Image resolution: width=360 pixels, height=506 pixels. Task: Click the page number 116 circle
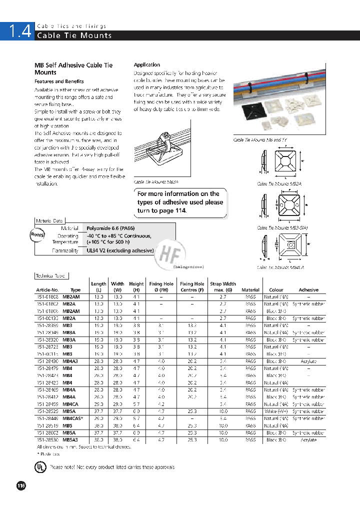pos(21,485)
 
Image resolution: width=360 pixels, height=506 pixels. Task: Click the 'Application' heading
pos(147,64)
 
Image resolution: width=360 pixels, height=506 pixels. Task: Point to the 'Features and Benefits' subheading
pos(59,81)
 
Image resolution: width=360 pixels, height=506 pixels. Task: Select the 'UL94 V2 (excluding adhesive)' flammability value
pos(120,251)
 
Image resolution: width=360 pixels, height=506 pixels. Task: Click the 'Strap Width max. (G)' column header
pos(223,286)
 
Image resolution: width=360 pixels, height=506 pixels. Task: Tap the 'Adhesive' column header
pos(308,290)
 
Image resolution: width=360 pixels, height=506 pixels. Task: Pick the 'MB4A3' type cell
pos(70,361)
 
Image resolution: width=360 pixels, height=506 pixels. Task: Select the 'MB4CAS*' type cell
pos(73,418)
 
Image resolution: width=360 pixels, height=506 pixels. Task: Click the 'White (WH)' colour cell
pos(276,411)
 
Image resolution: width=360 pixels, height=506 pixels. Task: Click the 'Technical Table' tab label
pos(51,276)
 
